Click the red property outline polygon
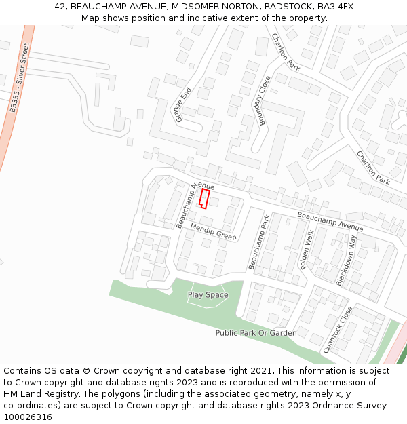pyautogui.click(x=204, y=198)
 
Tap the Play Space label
pyautogui.click(x=208, y=295)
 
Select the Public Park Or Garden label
pyautogui.click(x=256, y=333)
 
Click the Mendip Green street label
pyautogui.click(x=213, y=231)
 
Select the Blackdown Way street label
pyautogui.click(x=345, y=261)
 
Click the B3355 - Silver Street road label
pyautogui.click(x=20, y=77)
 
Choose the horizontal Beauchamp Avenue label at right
pyautogui.click(x=330, y=221)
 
